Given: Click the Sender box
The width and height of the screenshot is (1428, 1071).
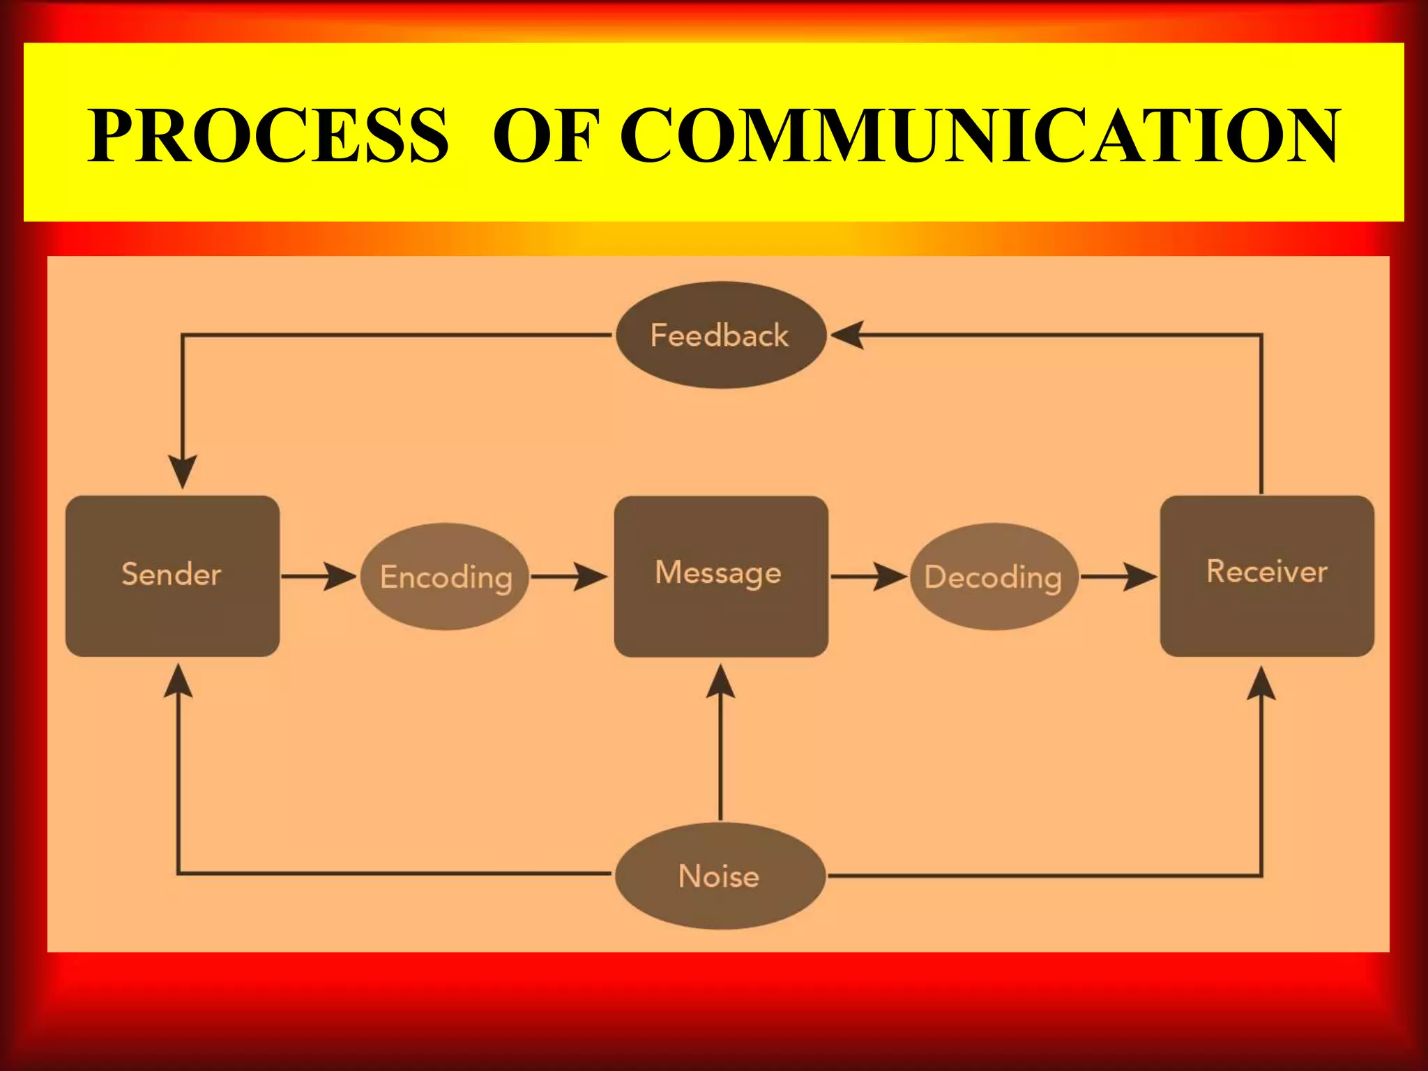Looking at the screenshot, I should point(172,576).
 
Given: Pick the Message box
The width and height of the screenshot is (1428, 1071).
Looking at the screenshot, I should point(721,576).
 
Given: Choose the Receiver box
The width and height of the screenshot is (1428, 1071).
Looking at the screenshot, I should point(1267,576).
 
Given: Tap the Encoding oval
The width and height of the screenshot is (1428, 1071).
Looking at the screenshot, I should point(445,577).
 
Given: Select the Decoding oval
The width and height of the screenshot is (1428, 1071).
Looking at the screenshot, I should point(994,577).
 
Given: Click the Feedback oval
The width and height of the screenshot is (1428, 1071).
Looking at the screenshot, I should point(721,335).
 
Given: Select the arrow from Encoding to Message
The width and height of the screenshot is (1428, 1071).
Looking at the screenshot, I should point(569,577).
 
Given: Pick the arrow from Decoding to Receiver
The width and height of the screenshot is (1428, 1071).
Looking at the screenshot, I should point(1118,577).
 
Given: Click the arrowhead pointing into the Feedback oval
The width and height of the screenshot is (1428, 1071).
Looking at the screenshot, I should point(848,335).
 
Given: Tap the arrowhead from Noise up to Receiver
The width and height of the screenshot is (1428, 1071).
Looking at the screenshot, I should point(1261,683).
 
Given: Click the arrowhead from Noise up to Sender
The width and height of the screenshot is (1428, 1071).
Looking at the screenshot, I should point(178,681).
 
